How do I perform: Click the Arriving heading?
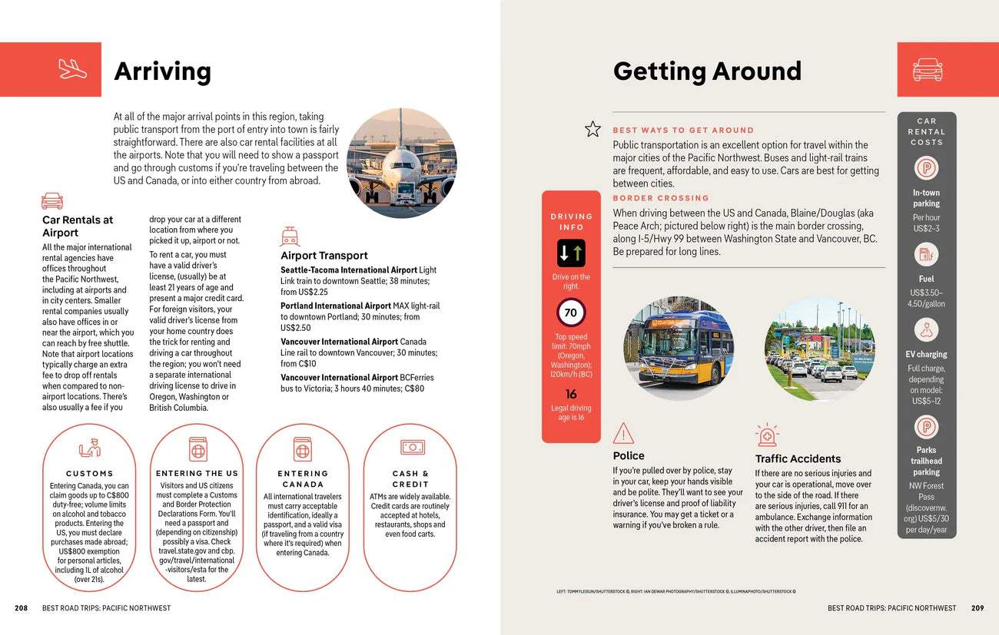coord(162,71)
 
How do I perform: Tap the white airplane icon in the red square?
coord(73,69)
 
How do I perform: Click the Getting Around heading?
coord(707,71)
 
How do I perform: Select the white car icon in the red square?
coord(927,69)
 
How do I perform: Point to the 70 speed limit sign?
coord(570,313)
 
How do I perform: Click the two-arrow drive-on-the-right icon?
coord(571,253)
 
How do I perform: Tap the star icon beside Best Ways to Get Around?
coord(592,129)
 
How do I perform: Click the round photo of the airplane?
coord(401,163)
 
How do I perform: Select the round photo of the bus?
coord(679,349)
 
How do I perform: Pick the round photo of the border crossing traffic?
coord(819,349)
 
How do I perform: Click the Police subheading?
coord(629,456)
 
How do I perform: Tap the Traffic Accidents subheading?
coord(798,458)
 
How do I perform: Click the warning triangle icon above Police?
coord(623,434)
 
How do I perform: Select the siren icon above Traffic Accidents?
coord(767,435)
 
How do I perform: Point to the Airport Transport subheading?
coord(324,256)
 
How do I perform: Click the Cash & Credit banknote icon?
coord(412,447)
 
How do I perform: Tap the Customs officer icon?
coord(90,448)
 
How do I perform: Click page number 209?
coord(977,608)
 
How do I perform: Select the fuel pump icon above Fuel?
coord(926,254)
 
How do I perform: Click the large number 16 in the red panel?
coord(571,394)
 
